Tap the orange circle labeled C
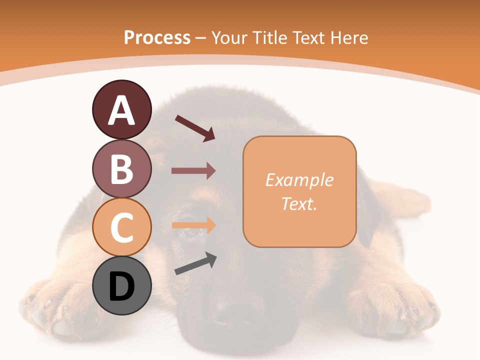tap(121, 227)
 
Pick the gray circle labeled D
tap(121, 286)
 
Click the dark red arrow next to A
tap(195, 128)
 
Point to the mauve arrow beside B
tap(193, 171)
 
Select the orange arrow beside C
tap(193, 225)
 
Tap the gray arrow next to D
tap(195, 264)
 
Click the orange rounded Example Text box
tap(299, 191)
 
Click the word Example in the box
tap(299, 180)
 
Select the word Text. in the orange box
tap(299, 204)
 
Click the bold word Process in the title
tap(157, 37)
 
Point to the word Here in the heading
tap(350, 37)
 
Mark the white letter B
tap(121, 169)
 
